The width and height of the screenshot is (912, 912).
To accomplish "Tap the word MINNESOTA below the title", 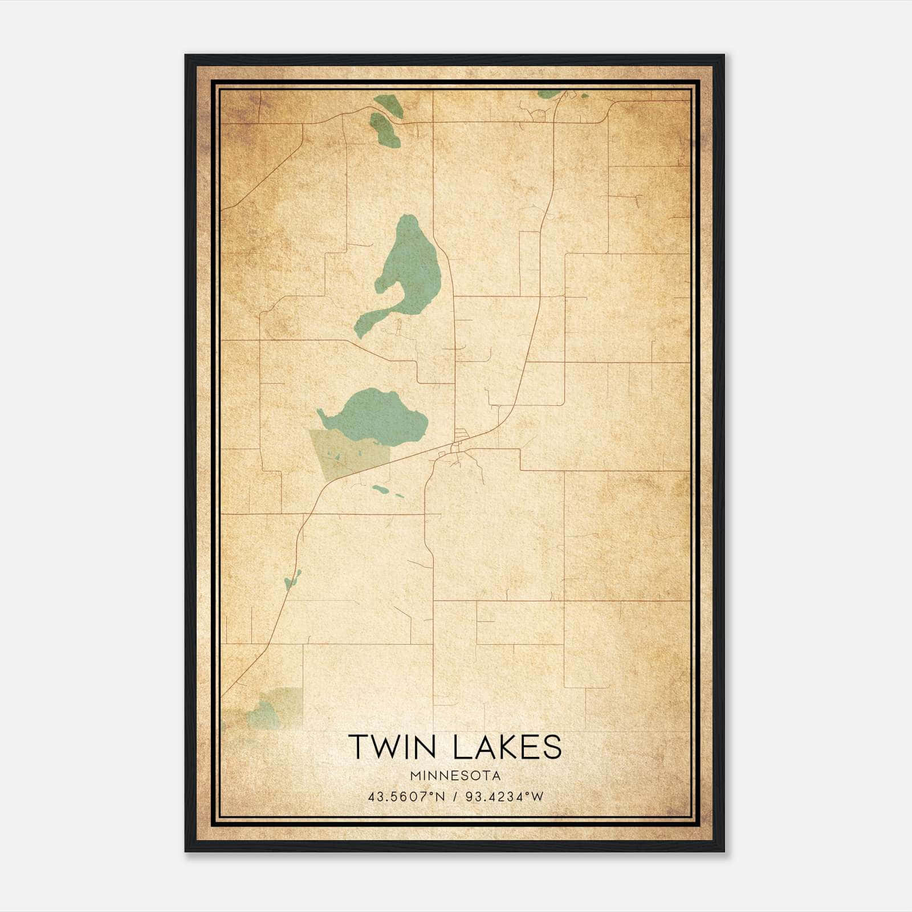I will pos(455,776).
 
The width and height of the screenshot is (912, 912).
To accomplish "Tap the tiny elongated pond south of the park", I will pos(381,488).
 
